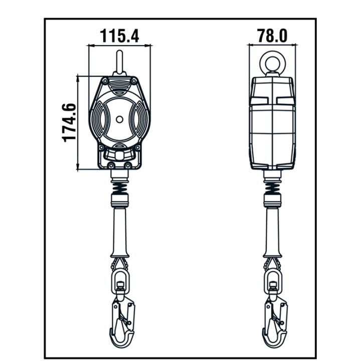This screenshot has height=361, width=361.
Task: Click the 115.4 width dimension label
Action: (x=119, y=36)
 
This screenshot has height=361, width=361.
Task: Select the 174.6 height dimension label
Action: (x=69, y=123)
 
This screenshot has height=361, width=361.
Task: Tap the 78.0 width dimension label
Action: (x=272, y=36)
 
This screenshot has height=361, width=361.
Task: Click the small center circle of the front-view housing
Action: (x=119, y=119)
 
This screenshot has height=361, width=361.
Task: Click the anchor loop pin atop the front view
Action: (x=119, y=62)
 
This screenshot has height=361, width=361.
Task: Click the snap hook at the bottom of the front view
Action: (x=122, y=322)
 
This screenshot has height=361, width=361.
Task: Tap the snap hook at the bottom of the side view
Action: (x=275, y=322)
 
